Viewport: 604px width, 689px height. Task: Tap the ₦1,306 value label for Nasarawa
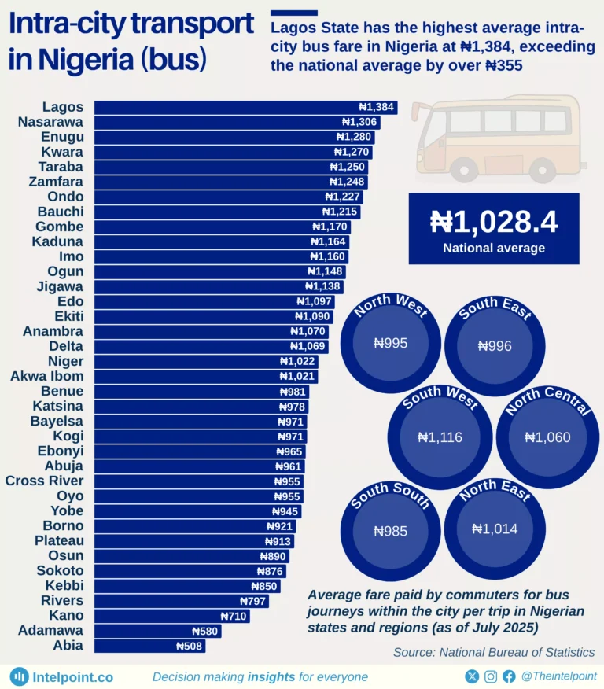(360, 123)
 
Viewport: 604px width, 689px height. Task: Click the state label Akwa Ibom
(47, 377)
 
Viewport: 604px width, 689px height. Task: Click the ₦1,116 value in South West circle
(440, 437)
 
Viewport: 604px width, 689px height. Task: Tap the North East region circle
(495, 529)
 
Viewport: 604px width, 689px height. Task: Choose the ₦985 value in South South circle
(391, 531)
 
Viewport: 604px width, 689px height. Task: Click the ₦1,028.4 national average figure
(494, 222)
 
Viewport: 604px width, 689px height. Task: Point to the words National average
(494, 249)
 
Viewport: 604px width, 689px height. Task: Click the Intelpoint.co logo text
(72, 676)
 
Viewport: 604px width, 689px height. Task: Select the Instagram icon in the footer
(491, 676)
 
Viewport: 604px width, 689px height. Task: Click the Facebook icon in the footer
(509, 676)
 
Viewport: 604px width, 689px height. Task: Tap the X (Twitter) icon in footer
(472, 676)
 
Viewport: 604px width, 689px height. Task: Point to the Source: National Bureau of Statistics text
(494, 653)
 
